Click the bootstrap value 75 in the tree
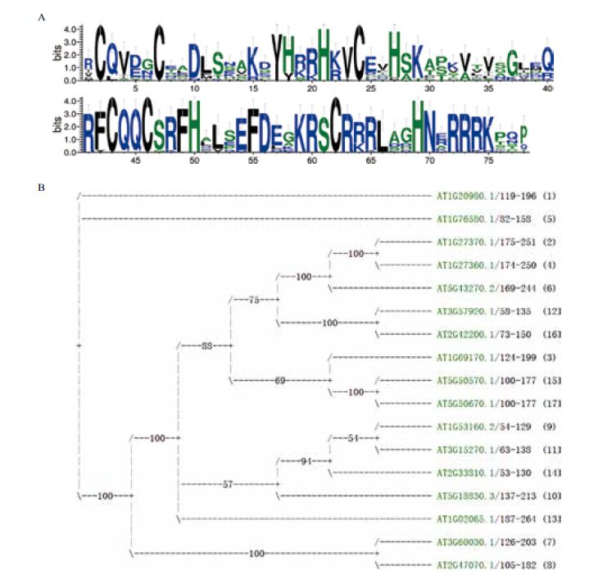254,300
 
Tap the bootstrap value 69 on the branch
280,380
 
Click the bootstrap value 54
353,438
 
